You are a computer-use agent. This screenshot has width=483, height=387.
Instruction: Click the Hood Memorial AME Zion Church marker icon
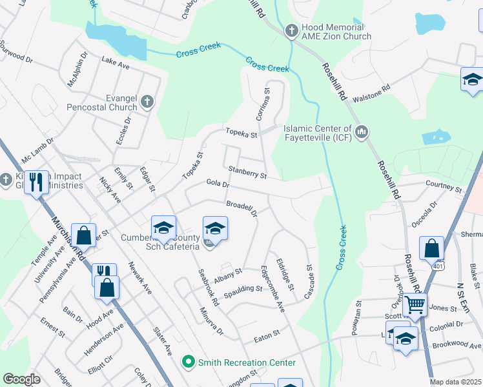(291, 30)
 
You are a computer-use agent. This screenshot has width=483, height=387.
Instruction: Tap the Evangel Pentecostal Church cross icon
(147, 101)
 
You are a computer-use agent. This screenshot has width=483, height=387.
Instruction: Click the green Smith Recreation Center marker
(188, 362)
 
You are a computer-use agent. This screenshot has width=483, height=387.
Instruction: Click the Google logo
(21, 379)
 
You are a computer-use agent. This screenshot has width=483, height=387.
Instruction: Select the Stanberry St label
(247, 170)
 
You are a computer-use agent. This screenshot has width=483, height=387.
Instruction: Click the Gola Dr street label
(218, 184)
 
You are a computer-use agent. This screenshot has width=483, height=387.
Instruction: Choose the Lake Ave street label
(116, 63)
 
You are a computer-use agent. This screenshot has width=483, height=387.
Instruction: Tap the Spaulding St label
(243, 292)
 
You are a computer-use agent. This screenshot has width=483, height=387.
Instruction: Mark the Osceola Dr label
(424, 213)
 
